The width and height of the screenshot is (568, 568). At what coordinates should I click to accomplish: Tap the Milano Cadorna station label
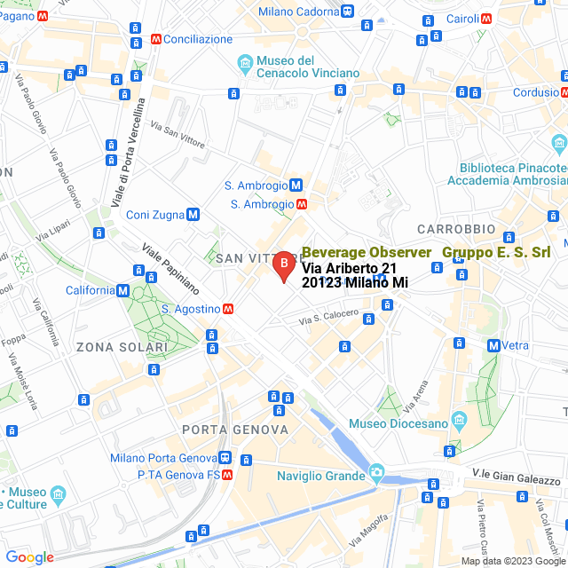pyautogui.click(x=298, y=12)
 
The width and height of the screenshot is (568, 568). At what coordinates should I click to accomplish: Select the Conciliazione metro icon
pyautogui.click(x=157, y=39)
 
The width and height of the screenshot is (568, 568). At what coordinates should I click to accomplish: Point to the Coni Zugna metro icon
pyautogui.click(x=193, y=214)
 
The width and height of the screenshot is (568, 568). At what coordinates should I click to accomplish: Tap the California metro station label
pyautogui.click(x=90, y=289)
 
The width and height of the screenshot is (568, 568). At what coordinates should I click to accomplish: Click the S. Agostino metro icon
pyautogui.click(x=229, y=308)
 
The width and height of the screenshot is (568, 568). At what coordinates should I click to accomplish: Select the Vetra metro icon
pyautogui.click(x=493, y=345)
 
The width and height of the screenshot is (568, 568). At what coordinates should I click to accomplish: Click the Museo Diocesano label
pyautogui.click(x=398, y=422)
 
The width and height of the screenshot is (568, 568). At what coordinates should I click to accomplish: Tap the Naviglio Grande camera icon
pyautogui.click(x=377, y=470)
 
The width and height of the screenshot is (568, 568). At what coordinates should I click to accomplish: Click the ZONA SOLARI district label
pyautogui.click(x=122, y=346)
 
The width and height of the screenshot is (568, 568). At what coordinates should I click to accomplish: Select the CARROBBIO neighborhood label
pyautogui.click(x=456, y=228)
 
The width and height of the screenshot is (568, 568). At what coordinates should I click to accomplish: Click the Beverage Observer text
pyautogui.click(x=367, y=252)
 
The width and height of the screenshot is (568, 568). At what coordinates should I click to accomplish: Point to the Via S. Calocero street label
pyautogui.click(x=329, y=317)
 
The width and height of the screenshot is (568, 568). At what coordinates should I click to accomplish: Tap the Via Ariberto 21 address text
pyautogui.click(x=349, y=268)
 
